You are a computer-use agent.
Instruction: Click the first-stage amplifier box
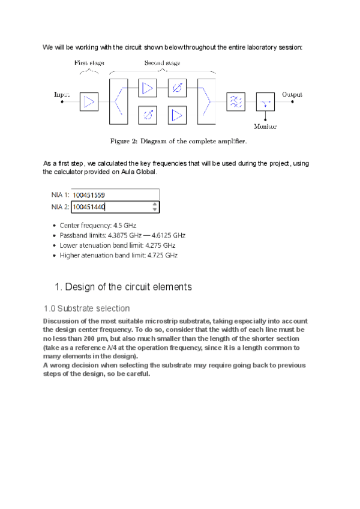[89, 102]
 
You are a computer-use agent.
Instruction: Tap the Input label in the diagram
[62, 94]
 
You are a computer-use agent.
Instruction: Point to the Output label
[292, 94]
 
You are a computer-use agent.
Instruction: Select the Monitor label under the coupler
[265, 127]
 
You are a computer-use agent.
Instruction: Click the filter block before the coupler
[235, 102]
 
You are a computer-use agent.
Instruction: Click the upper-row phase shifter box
[177, 89]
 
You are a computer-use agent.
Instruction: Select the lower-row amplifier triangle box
[177, 114]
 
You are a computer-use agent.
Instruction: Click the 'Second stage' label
[162, 62]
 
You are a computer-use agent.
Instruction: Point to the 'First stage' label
[89, 62]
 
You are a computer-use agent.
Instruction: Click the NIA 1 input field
[115, 195]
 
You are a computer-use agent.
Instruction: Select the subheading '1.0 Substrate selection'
[86, 309]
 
